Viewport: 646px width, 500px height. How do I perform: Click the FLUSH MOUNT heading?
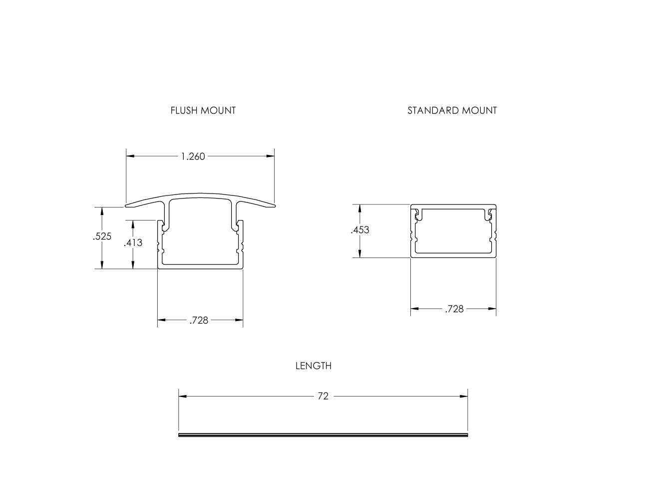click(203, 110)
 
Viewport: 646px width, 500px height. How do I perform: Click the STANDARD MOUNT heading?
click(452, 110)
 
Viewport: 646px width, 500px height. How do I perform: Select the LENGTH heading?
click(313, 366)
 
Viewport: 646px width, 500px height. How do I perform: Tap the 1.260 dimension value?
click(193, 156)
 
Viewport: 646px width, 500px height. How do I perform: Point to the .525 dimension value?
click(102, 236)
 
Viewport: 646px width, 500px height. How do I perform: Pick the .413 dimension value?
click(133, 243)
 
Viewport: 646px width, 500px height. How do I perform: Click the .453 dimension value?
click(360, 230)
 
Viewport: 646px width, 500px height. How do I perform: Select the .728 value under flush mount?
click(199, 320)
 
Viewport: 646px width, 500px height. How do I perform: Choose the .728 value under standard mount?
click(454, 309)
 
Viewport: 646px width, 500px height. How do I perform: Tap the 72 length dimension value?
click(323, 396)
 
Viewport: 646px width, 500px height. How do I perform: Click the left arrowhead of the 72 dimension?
click(183, 396)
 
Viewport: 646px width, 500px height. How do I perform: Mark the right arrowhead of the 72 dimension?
click(464, 396)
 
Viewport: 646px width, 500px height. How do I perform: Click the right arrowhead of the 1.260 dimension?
click(271, 156)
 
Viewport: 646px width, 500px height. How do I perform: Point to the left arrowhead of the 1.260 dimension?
click(130, 156)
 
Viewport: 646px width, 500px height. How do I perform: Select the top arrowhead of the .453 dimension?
click(359, 208)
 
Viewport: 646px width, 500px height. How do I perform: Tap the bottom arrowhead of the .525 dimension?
click(102, 265)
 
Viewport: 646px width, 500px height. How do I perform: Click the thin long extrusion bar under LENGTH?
click(323, 435)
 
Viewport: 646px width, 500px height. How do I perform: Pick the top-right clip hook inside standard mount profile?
click(491, 214)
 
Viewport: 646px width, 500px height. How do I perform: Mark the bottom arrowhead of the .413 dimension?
click(133, 265)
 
